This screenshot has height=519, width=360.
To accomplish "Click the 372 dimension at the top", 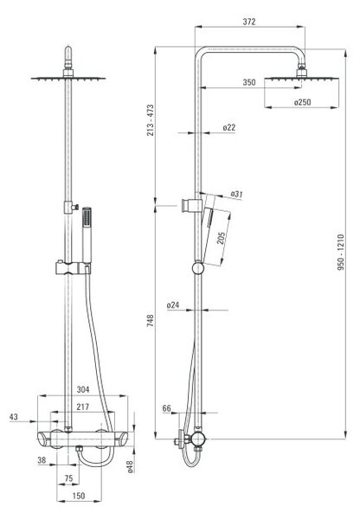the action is (249, 22).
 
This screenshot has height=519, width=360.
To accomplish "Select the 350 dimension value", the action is (249, 82).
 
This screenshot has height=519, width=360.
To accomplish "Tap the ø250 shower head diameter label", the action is (302, 102).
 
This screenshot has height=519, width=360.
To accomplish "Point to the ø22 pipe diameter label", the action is (228, 127).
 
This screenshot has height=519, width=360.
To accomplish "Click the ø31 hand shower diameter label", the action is (236, 194).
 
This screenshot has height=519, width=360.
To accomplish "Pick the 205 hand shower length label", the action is (222, 238).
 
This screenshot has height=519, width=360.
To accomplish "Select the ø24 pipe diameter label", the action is (173, 304).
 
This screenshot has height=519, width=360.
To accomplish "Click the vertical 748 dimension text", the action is (151, 321).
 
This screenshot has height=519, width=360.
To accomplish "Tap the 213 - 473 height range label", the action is (151, 120).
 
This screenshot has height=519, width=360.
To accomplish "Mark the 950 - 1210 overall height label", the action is (341, 253).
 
